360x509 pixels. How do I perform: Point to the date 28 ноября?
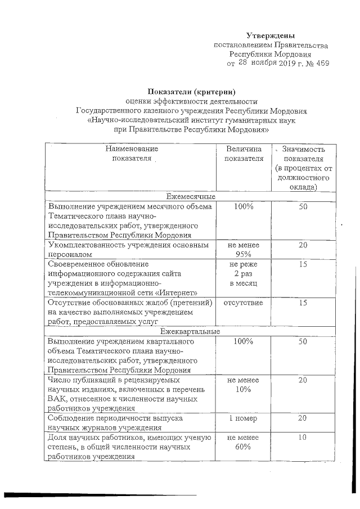258,64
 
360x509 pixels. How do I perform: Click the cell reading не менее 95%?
244,250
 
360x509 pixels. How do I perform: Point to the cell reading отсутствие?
244,303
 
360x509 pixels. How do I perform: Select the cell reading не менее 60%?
244,442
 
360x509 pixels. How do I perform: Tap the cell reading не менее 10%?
244,385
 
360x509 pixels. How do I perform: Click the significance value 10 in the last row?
303,437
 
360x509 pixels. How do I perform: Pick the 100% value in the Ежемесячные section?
244,207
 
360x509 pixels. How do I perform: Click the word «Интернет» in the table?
179,293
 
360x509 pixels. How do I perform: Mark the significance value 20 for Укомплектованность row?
303,246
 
